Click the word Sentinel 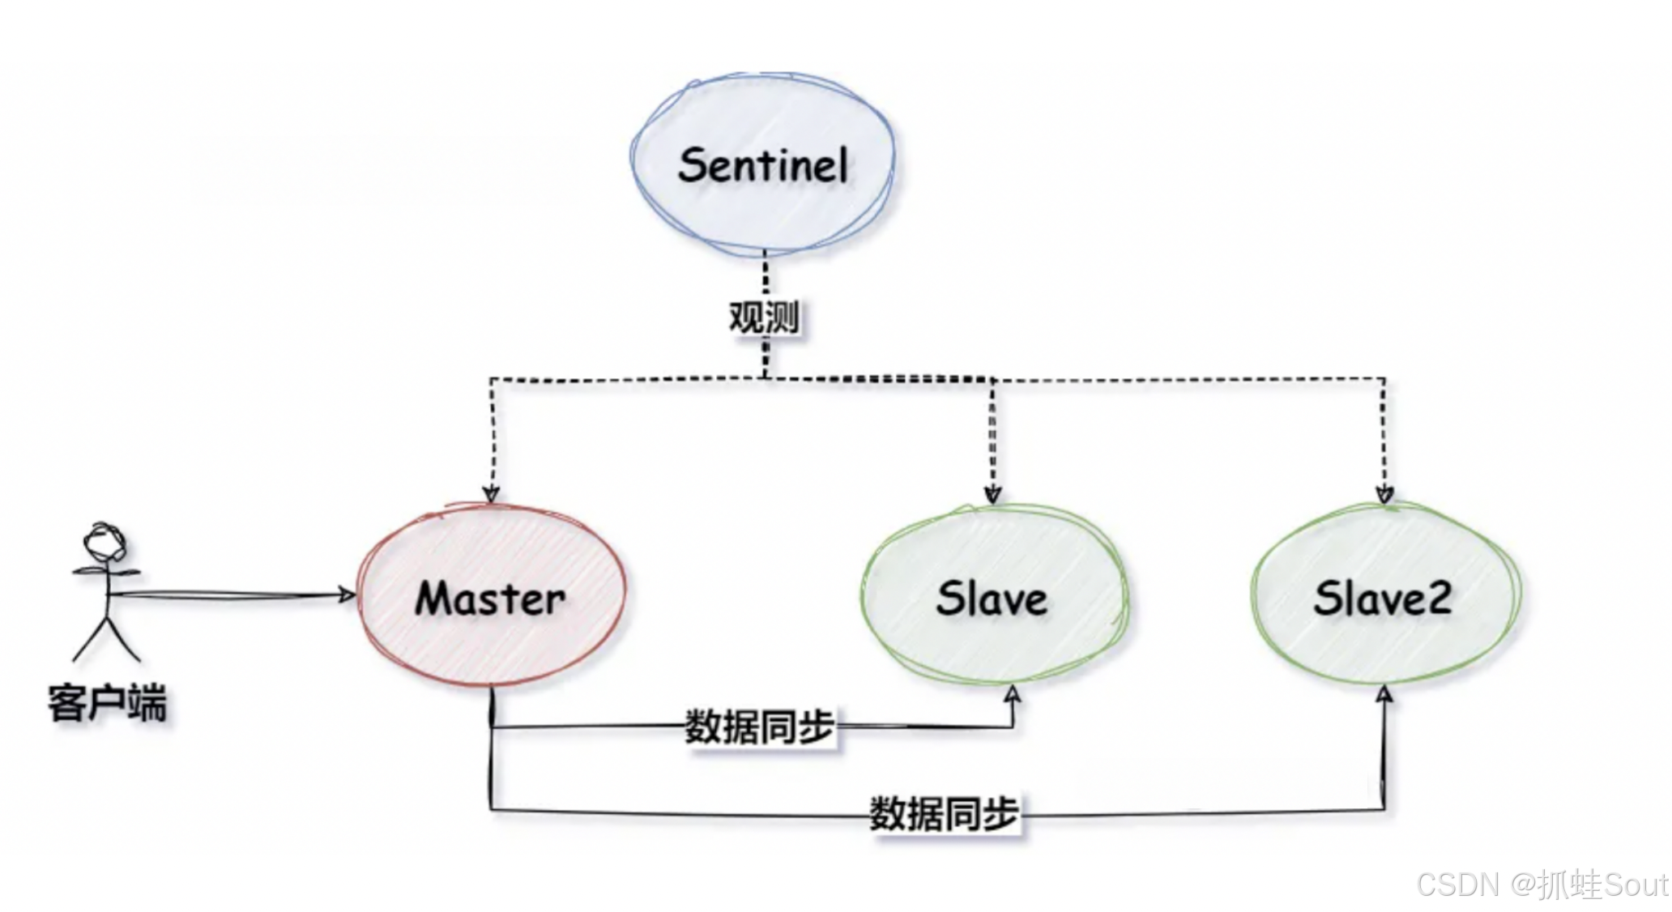[762, 165]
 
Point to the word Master [490, 599]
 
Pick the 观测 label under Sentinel [764, 317]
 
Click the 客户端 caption [107, 702]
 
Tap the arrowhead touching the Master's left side [348, 595]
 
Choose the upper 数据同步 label [759, 727]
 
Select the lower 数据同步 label [944, 812]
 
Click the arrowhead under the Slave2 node [1384, 694]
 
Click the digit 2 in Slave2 [1439, 599]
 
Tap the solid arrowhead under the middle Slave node [1013, 695]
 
